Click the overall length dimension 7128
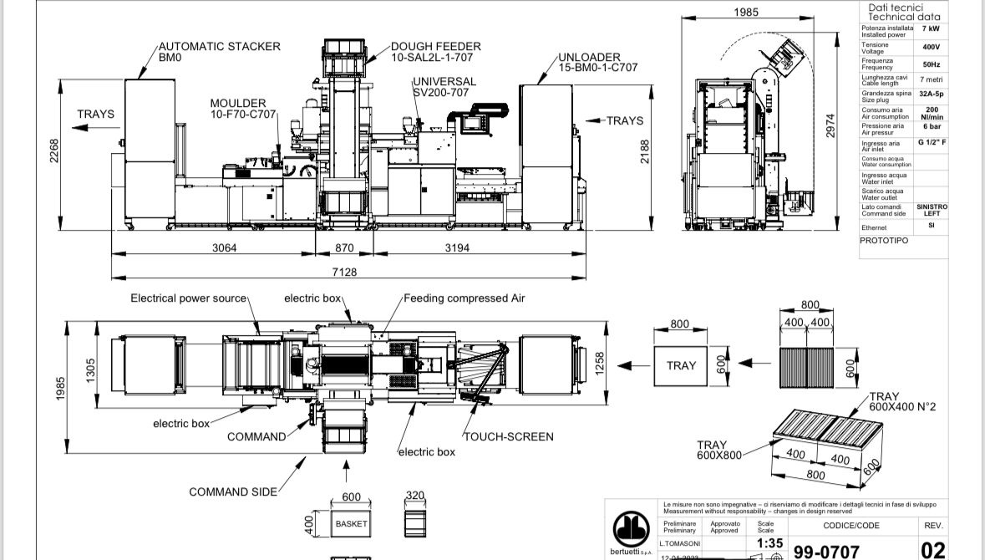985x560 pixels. (x=344, y=272)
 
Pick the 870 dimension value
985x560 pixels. (x=343, y=247)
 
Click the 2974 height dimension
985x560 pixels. (x=830, y=126)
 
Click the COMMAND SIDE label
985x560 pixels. (x=233, y=491)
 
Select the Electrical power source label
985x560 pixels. (x=189, y=298)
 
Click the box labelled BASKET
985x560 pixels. (x=351, y=524)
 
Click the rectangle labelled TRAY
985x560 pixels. (x=682, y=365)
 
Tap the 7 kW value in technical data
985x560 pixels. (x=931, y=28)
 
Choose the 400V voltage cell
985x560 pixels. (x=931, y=47)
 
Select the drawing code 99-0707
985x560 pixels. (x=825, y=551)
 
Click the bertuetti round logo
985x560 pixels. (x=632, y=529)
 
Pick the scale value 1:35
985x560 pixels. (x=769, y=543)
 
